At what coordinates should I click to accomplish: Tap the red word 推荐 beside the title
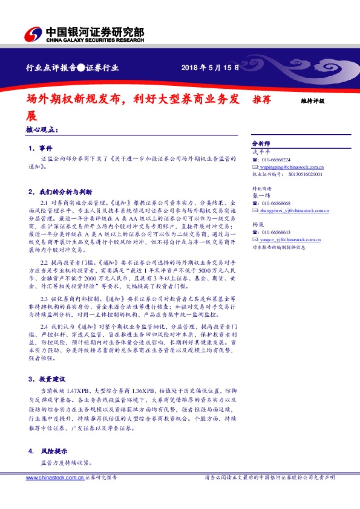[261, 99]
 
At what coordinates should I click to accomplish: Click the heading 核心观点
[42, 129]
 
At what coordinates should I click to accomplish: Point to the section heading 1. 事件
[41, 148]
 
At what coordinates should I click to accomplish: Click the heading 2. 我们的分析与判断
[58, 191]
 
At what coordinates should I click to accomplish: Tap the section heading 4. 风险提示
[45, 451]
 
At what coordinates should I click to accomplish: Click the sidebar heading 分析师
[261, 143]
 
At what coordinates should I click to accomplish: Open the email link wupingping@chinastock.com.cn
[291, 166]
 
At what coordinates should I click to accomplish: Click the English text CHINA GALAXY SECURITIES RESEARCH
[96, 41]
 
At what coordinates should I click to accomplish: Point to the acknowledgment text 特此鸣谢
[262, 189]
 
